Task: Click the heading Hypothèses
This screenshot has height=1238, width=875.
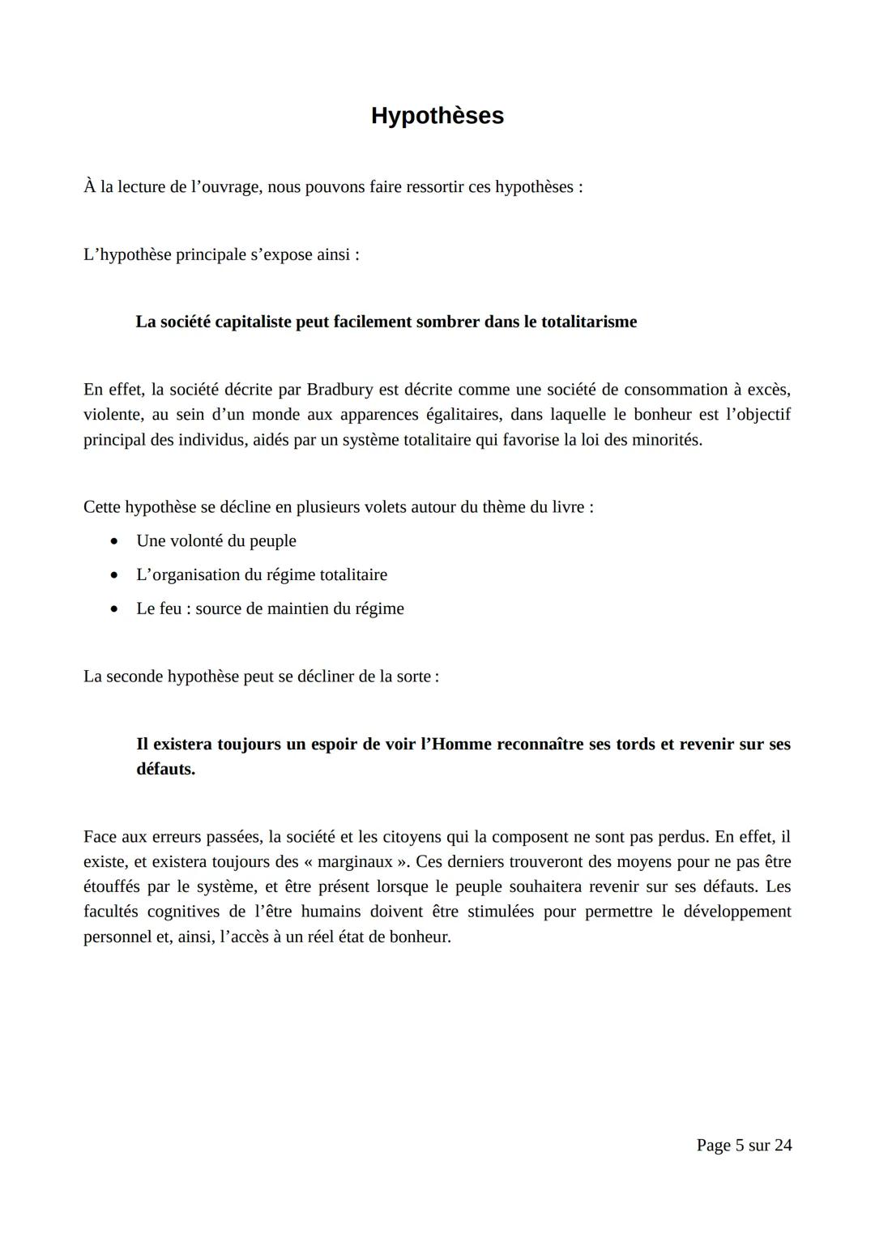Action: pos(437,116)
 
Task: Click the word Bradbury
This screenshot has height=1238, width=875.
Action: pos(340,390)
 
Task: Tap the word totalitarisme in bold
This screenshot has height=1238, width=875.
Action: pos(589,322)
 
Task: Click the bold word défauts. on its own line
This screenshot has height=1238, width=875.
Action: pos(166,769)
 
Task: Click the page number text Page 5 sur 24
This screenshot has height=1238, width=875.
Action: pos(744,1145)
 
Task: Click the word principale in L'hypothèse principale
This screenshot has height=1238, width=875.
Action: pos(212,254)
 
